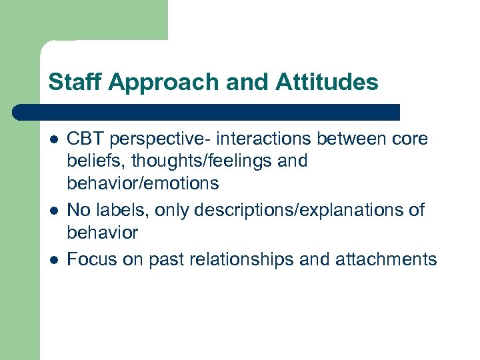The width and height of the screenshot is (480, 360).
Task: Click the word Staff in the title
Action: (x=69, y=82)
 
